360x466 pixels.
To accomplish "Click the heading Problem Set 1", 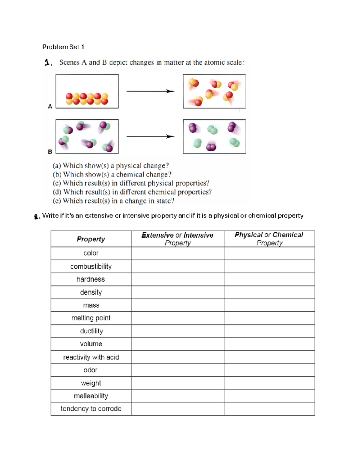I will [x=63, y=47].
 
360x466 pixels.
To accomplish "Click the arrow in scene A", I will [x=150, y=91].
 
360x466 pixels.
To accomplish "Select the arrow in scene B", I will [x=150, y=137].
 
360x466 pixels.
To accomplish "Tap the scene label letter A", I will [x=50, y=106].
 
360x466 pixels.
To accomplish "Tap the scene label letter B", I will [x=50, y=152].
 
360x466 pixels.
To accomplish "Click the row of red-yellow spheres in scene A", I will [x=87, y=99].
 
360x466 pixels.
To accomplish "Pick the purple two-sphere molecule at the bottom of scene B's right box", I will [x=211, y=147].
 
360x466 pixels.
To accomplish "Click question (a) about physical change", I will [x=111, y=166].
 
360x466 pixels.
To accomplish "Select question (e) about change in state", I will [x=113, y=201].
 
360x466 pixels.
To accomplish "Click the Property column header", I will [x=91, y=239].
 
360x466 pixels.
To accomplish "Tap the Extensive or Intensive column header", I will [x=178, y=239].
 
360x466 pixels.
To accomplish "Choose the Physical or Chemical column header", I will [x=269, y=239].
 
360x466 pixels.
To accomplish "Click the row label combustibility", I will [x=91, y=266].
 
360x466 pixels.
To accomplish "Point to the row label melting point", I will [x=91, y=318].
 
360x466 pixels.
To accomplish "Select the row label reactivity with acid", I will [x=91, y=357].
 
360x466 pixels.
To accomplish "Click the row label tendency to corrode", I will [x=91, y=409].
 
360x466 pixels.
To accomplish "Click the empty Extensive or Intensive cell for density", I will [x=178, y=292].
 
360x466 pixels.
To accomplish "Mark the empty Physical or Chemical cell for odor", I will [x=269, y=370].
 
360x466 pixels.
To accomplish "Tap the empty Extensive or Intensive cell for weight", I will [x=178, y=383].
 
